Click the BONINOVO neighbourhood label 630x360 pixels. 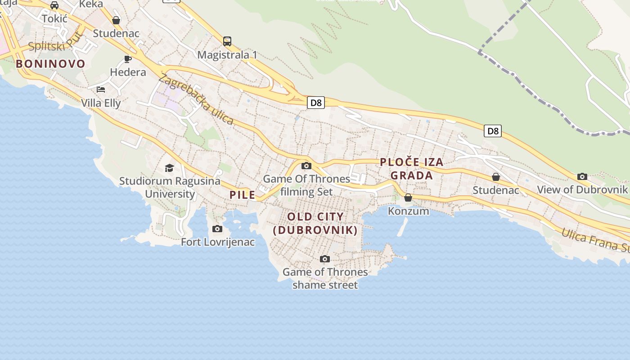[50, 64]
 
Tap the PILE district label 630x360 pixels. [243, 195]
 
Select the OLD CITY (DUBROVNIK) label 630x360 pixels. [315, 223]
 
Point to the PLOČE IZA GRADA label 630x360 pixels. [412, 169]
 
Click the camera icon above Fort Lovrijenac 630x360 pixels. [217, 229]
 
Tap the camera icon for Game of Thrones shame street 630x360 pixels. [325, 259]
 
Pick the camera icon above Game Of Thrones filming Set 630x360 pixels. [306, 166]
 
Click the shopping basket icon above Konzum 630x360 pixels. [408, 198]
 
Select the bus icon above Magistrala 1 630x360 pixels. [227, 41]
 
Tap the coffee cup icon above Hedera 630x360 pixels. [128, 59]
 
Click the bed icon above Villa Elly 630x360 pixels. [101, 89]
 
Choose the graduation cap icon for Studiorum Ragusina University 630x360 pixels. [169, 168]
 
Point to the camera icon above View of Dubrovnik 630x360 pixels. [582, 176]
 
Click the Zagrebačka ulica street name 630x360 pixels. [196, 99]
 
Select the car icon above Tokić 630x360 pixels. [54, 5]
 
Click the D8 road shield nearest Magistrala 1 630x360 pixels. [316, 103]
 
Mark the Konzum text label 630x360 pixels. [408, 211]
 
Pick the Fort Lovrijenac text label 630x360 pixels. [218, 242]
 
